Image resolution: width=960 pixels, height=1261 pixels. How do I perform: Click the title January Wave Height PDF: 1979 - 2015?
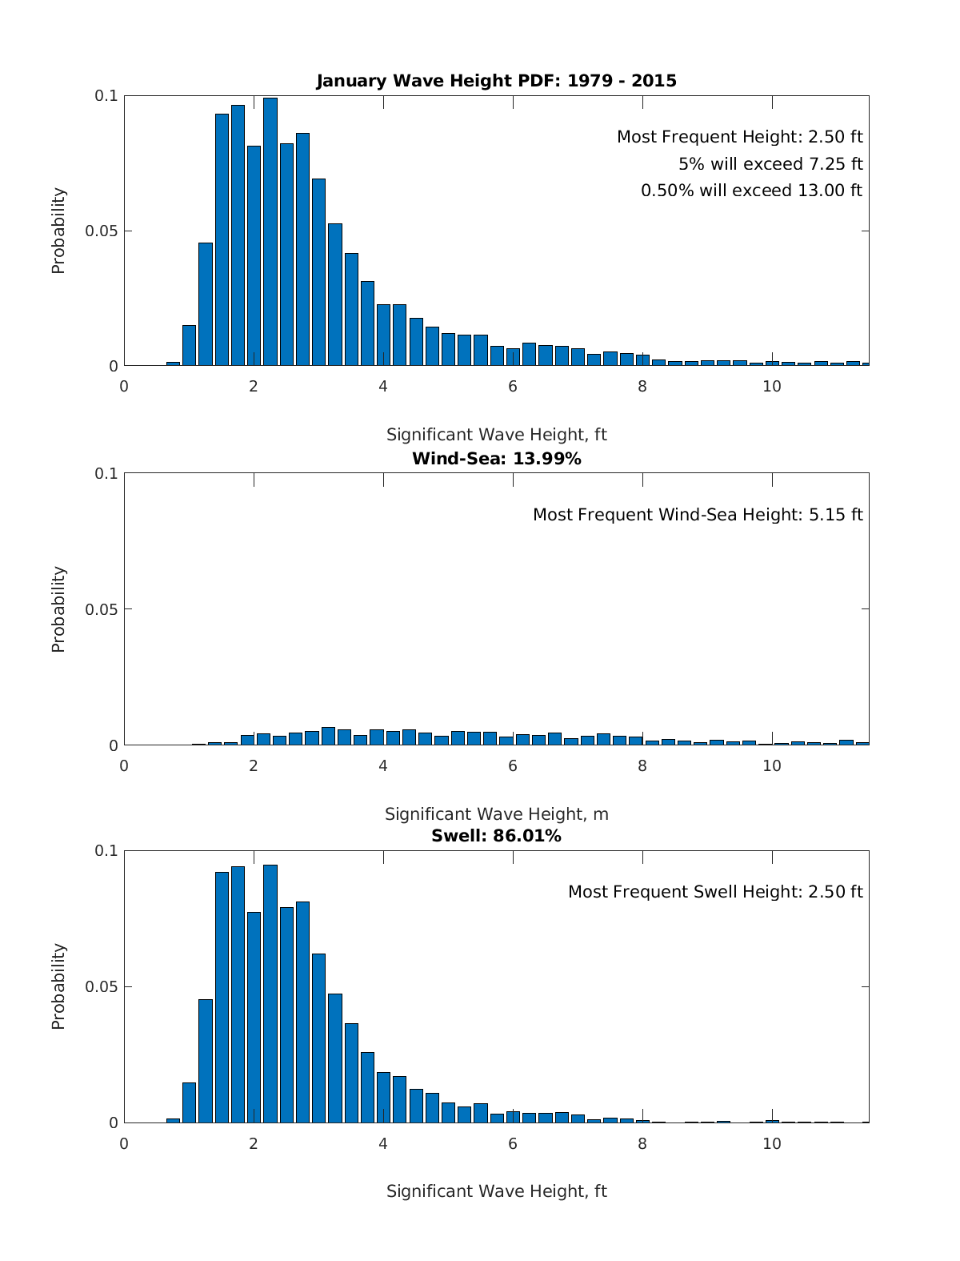pyautogui.click(x=496, y=81)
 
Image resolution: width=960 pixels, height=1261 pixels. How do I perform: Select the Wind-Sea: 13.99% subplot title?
pyautogui.click(x=496, y=459)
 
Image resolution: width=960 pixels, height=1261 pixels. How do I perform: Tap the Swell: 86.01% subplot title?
pyautogui.click(x=496, y=836)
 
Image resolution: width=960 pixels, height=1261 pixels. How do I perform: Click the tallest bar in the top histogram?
pyautogui.click(x=270, y=232)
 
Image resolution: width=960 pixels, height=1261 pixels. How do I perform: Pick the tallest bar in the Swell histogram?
pyautogui.click(x=270, y=993)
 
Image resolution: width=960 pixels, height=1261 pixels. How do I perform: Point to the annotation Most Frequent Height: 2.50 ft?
pyautogui.click(x=739, y=137)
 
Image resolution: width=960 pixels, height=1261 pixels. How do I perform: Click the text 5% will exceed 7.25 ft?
pyautogui.click(x=770, y=164)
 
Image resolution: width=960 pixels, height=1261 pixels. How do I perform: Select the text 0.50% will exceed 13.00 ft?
pyautogui.click(x=751, y=191)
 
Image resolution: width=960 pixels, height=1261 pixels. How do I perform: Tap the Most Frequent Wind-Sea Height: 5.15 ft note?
pyautogui.click(x=698, y=515)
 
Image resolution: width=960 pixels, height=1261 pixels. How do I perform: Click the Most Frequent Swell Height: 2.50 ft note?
pyautogui.click(x=715, y=892)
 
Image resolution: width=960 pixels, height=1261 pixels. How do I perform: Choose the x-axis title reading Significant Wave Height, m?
pyautogui.click(x=496, y=814)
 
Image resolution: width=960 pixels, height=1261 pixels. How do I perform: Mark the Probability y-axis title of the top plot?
pyautogui.click(x=58, y=231)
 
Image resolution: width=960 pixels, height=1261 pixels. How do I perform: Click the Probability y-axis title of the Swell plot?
pyautogui.click(x=58, y=986)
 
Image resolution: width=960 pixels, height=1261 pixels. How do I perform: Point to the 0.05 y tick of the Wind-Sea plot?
pyautogui.click(x=102, y=609)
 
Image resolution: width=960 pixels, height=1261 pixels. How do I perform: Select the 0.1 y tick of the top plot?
pyautogui.click(x=106, y=95)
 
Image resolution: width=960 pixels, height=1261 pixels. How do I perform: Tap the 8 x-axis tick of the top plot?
pyautogui.click(x=642, y=386)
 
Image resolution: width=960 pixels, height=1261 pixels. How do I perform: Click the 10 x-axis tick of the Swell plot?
pyautogui.click(x=772, y=1143)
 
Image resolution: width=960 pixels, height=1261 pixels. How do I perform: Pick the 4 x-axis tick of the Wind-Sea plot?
pyautogui.click(x=383, y=765)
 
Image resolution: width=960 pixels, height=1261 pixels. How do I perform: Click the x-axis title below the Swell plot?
pyautogui.click(x=496, y=1191)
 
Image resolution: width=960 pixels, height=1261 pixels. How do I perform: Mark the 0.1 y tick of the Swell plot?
pyautogui.click(x=106, y=850)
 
